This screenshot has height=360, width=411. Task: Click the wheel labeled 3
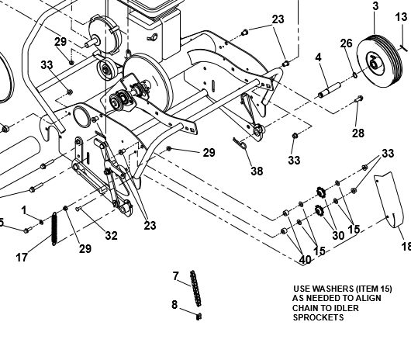(379, 61)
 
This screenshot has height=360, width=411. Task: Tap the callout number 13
(401, 17)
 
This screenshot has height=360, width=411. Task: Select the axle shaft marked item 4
(330, 90)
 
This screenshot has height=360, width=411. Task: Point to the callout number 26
(346, 43)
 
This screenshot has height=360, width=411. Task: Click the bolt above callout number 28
(359, 99)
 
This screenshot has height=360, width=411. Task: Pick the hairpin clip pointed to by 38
(240, 144)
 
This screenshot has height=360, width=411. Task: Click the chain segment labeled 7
(195, 289)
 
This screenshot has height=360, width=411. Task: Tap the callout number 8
(174, 305)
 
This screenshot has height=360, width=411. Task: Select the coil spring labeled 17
(54, 229)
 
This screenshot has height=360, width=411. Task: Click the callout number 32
(111, 236)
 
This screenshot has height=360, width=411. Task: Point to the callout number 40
(305, 260)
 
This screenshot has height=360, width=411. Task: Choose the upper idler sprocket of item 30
(320, 192)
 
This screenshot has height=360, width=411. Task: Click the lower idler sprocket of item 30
(319, 210)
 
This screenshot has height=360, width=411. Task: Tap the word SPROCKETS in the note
(318, 317)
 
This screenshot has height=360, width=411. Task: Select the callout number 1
(24, 210)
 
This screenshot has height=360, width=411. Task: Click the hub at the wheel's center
(372, 64)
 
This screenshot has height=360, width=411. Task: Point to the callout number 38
(257, 171)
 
